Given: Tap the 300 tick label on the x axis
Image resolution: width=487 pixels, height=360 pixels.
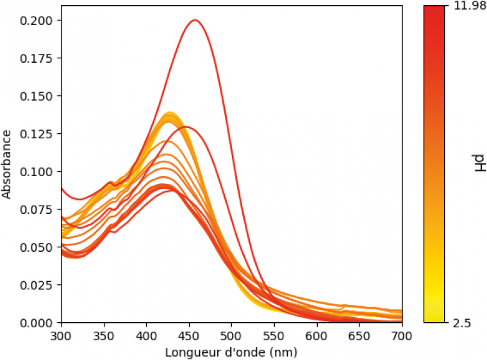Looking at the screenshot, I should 62,336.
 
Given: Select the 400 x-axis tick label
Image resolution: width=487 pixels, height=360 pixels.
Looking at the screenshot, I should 147,336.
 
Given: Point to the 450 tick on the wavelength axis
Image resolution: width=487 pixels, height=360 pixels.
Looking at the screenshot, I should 189,336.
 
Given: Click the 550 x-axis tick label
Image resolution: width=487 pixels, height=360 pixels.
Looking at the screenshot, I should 274,336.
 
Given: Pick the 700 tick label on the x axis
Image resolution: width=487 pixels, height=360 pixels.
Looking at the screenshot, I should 402,336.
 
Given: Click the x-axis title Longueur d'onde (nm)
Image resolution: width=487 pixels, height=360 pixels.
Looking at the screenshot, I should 231,352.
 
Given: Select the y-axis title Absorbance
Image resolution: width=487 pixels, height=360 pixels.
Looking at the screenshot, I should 8,164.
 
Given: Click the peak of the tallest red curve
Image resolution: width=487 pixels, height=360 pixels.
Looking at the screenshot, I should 195,20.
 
